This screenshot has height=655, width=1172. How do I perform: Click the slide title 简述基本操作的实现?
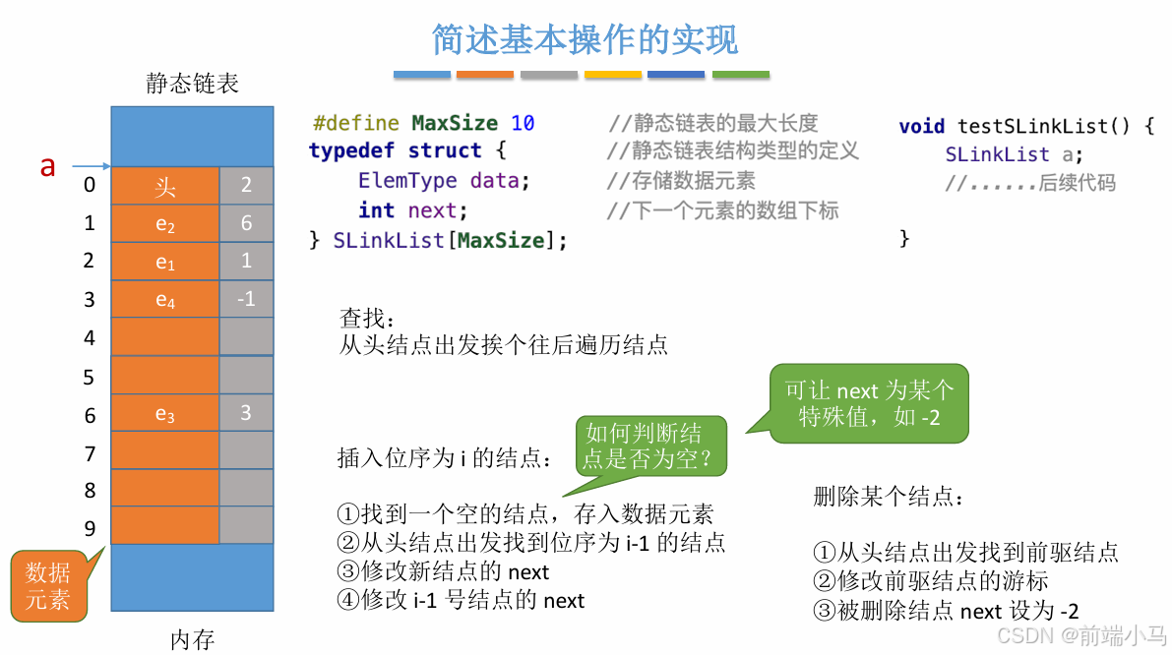(x=585, y=39)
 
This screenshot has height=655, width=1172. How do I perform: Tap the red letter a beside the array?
(x=47, y=166)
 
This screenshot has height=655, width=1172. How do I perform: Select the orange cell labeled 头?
(x=164, y=186)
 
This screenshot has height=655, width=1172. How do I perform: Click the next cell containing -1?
(x=246, y=299)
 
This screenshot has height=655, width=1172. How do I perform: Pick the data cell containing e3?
(x=164, y=414)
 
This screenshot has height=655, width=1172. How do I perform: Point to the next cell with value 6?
(x=246, y=223)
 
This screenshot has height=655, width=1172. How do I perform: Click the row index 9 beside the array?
(x=90, y=528)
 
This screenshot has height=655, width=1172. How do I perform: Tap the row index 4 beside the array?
(x=90, y=338)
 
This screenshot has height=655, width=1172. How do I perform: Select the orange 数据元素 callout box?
(x=48, y=586)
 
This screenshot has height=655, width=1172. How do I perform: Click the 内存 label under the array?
(x=192, y=640)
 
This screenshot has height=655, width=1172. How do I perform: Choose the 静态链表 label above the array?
(x=192, y=84)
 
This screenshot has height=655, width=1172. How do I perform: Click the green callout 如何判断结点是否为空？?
(x=643, y=447)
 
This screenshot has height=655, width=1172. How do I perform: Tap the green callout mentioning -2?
(x=869, y=403)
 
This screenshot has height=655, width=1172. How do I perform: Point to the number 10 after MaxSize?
(x=523, y=124)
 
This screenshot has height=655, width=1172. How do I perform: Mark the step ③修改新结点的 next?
(x=443, y=571)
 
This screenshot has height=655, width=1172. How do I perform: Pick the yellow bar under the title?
(x=613, y=75)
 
